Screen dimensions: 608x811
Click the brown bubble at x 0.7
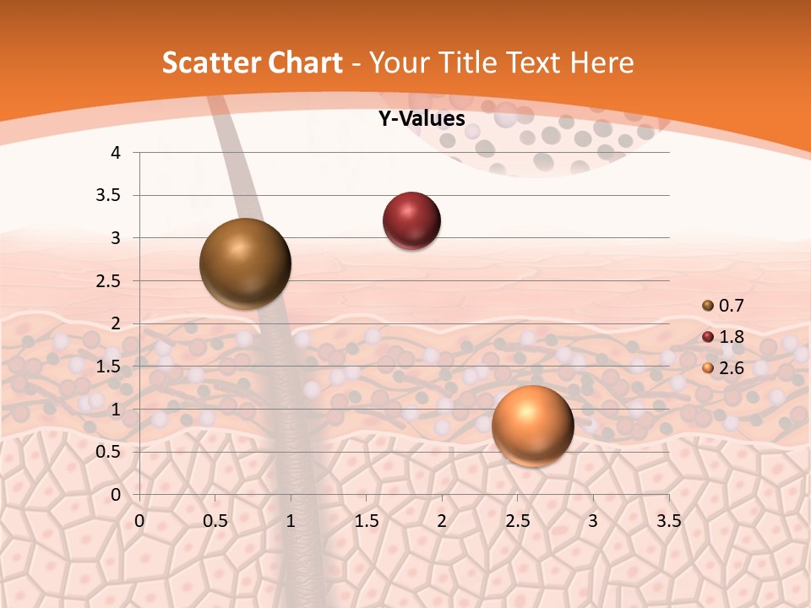click(x=245, y=263)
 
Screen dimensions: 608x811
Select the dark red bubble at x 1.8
click(x=411, y=221)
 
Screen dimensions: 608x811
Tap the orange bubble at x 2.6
click(x=532, y=426)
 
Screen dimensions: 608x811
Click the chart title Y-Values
click(x=422, y=119)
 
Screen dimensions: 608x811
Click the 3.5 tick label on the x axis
click(x=668, y=521)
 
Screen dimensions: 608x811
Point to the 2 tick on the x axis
click(x=442, y=521)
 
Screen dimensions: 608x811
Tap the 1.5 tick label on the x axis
click(x=366, y=521)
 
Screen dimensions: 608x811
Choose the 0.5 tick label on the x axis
click(x=215, y=521)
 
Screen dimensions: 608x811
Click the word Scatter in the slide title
click(x=211, y=62)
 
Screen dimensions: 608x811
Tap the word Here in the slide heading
click(x=601, y=62)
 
